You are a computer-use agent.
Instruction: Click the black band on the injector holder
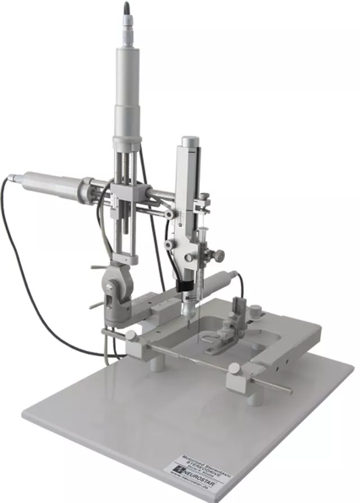[186, 287]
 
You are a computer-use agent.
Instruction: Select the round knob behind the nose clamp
[256, 310]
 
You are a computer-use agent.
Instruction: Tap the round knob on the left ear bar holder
[130, 335]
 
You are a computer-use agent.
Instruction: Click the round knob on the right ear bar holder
[233, 369]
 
